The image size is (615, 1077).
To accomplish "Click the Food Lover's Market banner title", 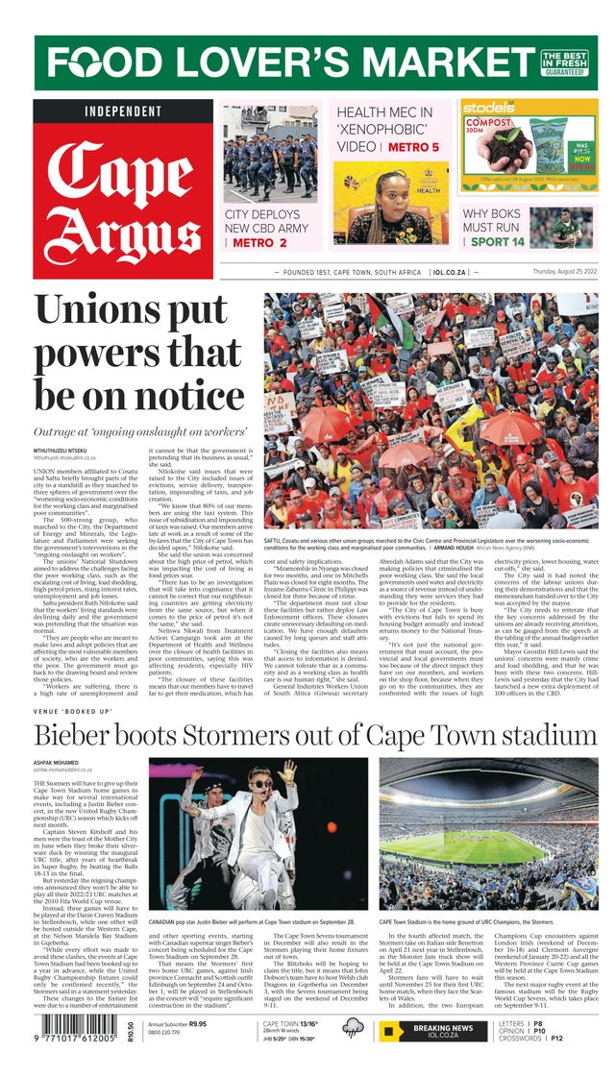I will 288,62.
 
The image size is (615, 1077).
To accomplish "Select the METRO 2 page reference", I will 259,243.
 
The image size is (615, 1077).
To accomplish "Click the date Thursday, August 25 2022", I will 551,273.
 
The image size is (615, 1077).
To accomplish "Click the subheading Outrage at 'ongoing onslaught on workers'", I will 140,432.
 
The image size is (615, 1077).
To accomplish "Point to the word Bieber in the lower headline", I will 87,737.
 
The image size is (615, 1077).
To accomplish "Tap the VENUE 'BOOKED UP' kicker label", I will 73,711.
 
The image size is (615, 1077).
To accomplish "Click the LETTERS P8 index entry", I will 522,1024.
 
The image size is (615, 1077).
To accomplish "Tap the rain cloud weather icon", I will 354,1031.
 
